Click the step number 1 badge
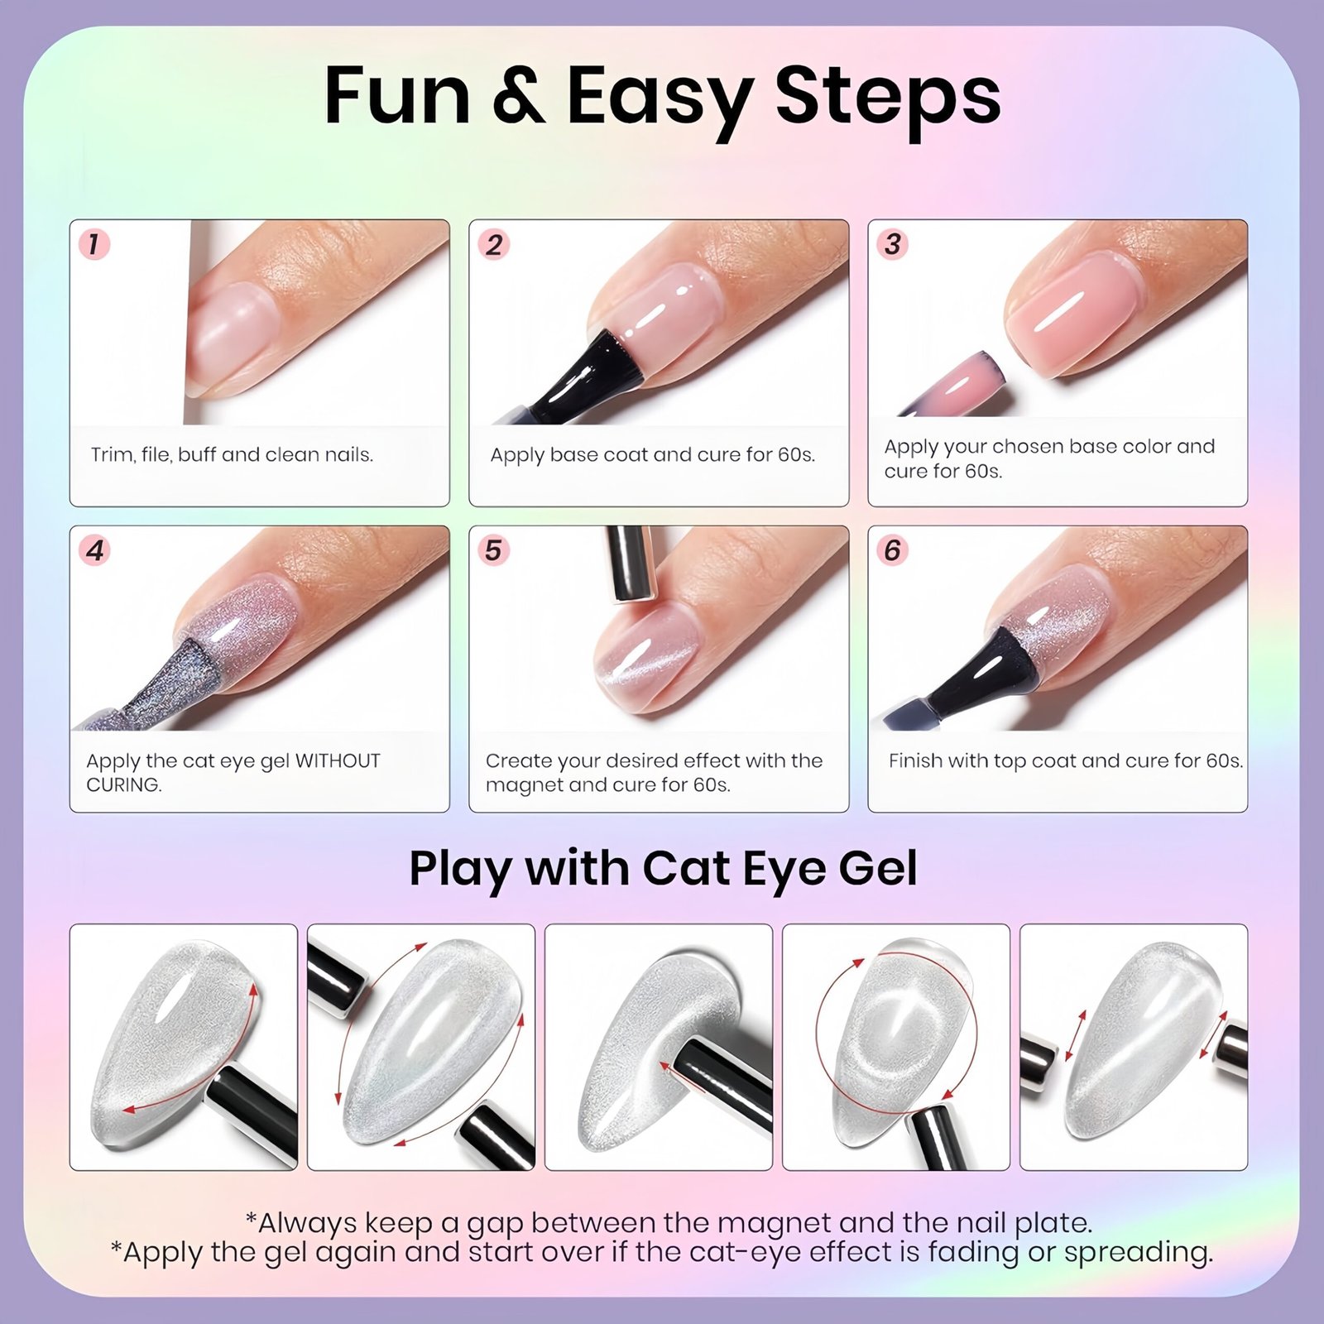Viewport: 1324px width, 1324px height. pos(94,245)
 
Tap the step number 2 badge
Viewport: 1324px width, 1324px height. pos(494,245)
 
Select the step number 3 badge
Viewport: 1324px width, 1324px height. pos(893,245)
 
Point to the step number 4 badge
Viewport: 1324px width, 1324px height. pos(94,551)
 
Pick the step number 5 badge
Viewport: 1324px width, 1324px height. pos(494,551)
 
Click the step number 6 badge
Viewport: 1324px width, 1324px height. pos(893,551)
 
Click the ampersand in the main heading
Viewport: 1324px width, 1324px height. pos(519,97)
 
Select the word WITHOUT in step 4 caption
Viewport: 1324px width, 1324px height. pos(338,760)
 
